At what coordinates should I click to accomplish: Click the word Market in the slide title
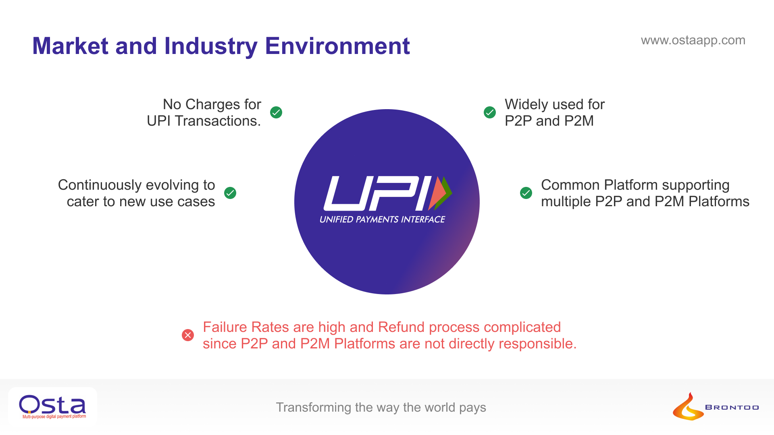point(70,46)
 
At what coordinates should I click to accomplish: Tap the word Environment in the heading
point(337,46)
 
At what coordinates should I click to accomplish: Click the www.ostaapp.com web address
point(693,40)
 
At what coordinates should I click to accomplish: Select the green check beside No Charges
point(276,112)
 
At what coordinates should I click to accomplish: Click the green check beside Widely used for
point(490,112)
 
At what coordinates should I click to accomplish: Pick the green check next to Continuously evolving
point(230,193)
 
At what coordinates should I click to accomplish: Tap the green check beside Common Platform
point(526,193)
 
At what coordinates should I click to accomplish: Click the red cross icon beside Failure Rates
point(188,335)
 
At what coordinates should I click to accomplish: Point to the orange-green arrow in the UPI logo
point(440,193)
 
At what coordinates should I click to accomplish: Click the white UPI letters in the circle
point(377,193)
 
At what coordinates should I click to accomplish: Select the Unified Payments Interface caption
point(382,220)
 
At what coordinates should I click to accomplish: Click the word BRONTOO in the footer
point(732,408)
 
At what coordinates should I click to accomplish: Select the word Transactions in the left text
point(218,121)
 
